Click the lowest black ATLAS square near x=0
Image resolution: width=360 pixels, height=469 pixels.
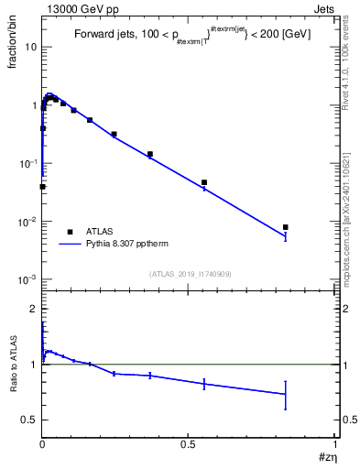pyautogui.click(x=42, y=187)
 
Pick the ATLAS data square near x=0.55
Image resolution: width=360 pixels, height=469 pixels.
pyautogui.click(x=204, y=182)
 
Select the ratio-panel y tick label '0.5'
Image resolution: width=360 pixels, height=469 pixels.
pyautogui.click(x=27, y=420)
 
